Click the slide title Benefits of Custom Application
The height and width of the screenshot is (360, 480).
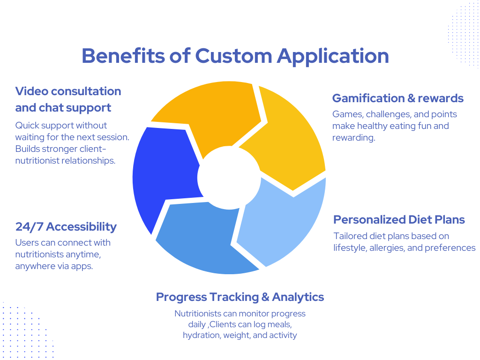click(235, 56)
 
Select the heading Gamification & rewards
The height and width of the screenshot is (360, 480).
click(397, 98)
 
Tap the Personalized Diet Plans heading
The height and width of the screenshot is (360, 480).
click(399, 219)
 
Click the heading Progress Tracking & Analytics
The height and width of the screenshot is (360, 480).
click(240, 297)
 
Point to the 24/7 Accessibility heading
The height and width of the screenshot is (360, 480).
click(66, 227)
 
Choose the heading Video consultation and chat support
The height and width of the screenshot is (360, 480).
click(68, 99)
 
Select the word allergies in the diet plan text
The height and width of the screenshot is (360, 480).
click(384, 247)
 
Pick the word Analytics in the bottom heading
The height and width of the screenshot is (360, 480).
click(298, 297)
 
